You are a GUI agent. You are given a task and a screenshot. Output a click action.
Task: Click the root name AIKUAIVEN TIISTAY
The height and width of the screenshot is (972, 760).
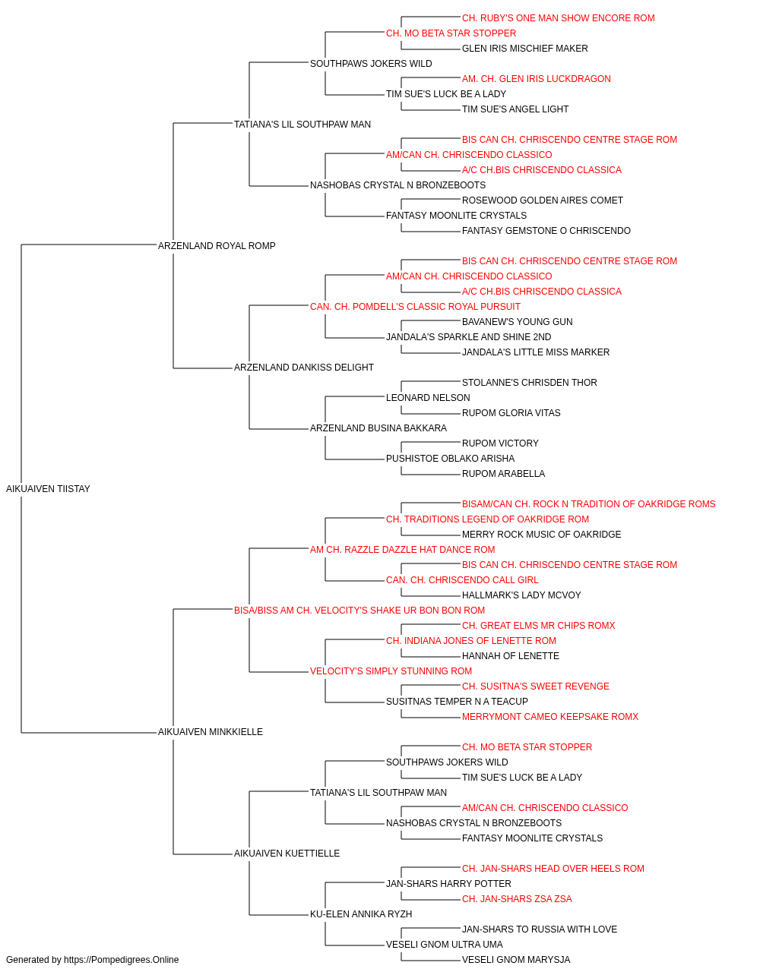coord(48,489)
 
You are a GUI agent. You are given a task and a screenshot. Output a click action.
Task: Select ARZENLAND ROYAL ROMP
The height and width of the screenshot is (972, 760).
coord(217,245)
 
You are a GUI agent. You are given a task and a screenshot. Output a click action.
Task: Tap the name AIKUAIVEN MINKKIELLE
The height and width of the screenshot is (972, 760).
coord(211,732)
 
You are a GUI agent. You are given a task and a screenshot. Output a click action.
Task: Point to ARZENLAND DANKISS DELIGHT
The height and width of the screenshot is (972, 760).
coord(303,368)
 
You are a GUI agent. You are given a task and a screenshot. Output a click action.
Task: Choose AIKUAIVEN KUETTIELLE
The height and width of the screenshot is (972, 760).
coord(287,854)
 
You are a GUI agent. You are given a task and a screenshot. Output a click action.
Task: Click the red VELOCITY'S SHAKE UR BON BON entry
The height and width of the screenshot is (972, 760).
coord(359,610)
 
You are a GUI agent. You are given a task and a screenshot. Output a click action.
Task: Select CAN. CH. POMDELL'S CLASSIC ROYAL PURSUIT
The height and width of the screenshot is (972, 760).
coord(415,306)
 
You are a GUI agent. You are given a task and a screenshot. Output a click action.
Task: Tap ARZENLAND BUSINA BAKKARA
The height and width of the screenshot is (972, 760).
coord(378,428)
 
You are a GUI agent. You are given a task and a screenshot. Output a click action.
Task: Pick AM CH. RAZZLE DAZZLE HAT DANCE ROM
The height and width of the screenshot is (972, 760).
coord(402,549)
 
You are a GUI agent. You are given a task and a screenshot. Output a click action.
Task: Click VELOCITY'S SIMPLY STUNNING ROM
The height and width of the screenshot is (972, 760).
coord(391,671)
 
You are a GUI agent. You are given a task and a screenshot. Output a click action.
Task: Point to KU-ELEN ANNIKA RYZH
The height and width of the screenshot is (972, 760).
coord(361,914)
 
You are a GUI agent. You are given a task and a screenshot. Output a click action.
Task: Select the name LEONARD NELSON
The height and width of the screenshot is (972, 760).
coord(428,398)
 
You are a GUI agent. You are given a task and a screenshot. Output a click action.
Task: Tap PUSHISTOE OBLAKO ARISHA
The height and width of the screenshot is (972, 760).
coord(450,459)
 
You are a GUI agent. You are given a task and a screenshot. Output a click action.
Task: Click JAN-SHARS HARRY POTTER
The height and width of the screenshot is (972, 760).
coord(448,884)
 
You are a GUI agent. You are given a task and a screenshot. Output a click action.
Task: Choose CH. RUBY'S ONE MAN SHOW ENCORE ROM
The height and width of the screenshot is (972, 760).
coord(558,18)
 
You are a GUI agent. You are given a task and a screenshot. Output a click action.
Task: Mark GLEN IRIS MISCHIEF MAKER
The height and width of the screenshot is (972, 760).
coord(524,49)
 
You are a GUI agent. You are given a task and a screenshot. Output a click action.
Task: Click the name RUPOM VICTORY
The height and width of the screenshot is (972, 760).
coord(500,443)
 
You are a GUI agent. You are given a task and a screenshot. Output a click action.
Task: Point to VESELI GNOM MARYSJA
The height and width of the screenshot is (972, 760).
coord(515,960)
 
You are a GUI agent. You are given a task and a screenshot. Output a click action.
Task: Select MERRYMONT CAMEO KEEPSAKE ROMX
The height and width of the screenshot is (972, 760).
coord(549,717)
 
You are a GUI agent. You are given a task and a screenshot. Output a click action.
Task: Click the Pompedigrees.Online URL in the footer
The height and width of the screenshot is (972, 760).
coord(121,960)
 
